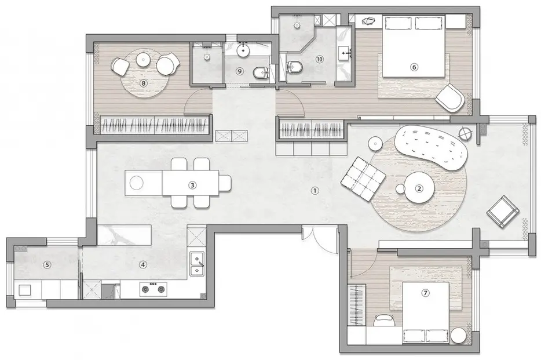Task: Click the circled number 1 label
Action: (315, 190)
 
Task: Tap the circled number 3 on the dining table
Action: (192, 186)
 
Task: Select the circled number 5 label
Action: (47, 265)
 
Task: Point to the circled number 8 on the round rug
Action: (144, 83)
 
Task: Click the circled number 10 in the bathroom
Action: (319, 59)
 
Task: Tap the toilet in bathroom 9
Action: (261, 72)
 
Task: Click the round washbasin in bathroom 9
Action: (244, 51)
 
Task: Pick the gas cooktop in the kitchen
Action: (153, 289)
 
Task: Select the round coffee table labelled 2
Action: (419, 188)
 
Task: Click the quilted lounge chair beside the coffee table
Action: (363, 178)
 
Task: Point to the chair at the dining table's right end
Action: (225, 183)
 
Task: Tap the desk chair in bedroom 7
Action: (384, 320)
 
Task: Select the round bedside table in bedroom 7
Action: (459, 335)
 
